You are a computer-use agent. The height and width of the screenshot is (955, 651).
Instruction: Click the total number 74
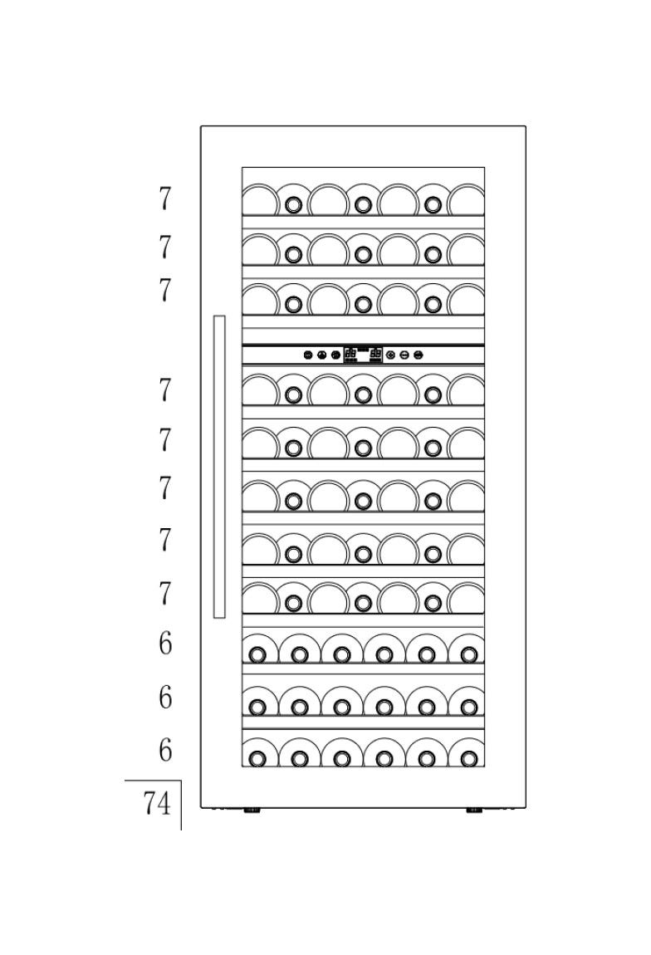click(157, 803)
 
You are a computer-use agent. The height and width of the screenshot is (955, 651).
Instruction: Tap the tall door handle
click(219, 467)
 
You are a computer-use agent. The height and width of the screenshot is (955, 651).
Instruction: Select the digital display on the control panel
click(363, 355)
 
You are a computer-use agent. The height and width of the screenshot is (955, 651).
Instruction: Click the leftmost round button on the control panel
click(308, 355)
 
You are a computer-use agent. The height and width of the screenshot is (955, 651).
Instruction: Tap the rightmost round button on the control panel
click(418, 355)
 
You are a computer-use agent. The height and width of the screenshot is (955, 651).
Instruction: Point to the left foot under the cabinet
click(252, 811)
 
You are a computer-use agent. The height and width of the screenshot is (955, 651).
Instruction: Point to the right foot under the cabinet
click(474, 811)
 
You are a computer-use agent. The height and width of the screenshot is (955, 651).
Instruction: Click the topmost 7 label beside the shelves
click(165, 198)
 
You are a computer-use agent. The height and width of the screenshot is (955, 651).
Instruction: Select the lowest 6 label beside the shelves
click(165, 750)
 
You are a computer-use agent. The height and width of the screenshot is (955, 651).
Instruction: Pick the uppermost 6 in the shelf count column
click(165, 643)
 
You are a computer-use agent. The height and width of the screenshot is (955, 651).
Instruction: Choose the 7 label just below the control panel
click(165, 389)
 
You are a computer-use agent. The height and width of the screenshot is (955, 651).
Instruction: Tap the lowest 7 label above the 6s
click(165, 593)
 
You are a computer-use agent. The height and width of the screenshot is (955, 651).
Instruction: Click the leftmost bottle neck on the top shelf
click(293, 205)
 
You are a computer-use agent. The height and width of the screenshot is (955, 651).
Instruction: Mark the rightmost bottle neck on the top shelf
click(433, 205)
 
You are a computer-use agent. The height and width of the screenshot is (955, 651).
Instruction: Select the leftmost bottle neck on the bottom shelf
click(257, 759)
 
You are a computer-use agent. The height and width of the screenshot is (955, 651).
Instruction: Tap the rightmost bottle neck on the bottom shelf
click(468, 759)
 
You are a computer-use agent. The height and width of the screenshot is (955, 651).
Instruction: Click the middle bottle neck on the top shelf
click(363, 205)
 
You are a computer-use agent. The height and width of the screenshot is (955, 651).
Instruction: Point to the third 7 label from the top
click(165, 290)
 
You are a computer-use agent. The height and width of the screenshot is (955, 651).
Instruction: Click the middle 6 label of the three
click(165, 697)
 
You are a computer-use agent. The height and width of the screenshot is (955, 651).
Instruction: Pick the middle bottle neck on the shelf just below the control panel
click(363, 395)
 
